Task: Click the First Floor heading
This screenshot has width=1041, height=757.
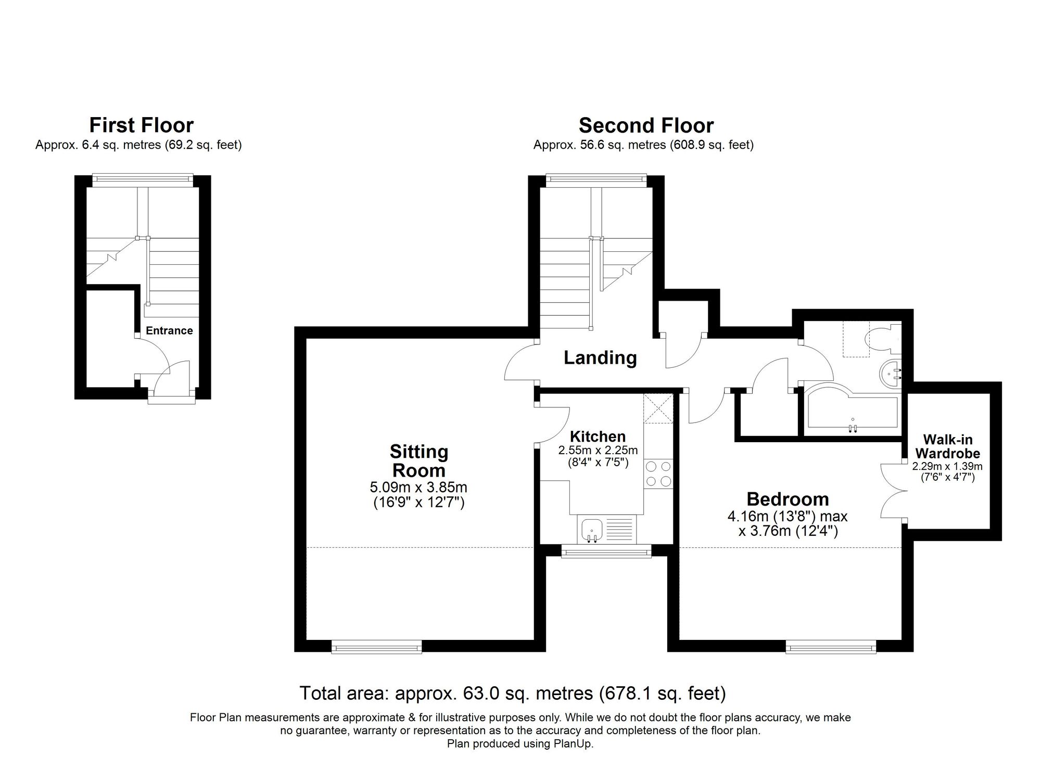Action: click(141, 125)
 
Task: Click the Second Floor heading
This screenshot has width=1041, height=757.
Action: click(646, 126)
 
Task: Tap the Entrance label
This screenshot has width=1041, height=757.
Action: click(169, 331)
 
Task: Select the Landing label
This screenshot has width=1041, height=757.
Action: click(600, 358)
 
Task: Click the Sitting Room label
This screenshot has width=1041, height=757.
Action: click(418, 461)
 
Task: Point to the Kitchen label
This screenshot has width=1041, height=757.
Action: click(598, 437)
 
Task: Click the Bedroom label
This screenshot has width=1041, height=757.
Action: click(788, 499)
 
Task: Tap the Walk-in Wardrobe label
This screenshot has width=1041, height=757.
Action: click(947, 446)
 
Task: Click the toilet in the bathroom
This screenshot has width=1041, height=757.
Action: click(881, 340)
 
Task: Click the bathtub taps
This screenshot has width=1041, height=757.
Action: click(853, 428)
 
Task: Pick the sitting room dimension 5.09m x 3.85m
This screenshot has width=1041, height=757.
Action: click(418, 488)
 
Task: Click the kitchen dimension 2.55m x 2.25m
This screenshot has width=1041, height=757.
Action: click(598, 451)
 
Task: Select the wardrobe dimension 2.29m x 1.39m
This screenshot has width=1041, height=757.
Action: click(947, 467)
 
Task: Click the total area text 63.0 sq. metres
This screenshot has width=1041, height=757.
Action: click(512, 694)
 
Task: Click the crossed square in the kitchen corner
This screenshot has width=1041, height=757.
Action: click(658, 409)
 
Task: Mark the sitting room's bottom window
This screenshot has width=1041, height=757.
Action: click(377, 648)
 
